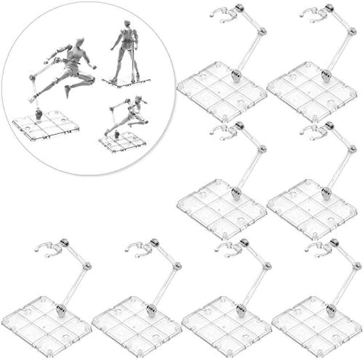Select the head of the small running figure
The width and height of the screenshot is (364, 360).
(x=137, y=98)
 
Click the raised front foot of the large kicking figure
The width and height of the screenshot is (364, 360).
(x=67, y=91)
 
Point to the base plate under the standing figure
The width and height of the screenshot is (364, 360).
(x=126, y=81)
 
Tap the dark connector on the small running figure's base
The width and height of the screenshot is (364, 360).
(x=117, y=134)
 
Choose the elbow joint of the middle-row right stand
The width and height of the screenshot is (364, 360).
(x=352, y=149)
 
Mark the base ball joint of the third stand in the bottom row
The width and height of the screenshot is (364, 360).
(x=240, y=311)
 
